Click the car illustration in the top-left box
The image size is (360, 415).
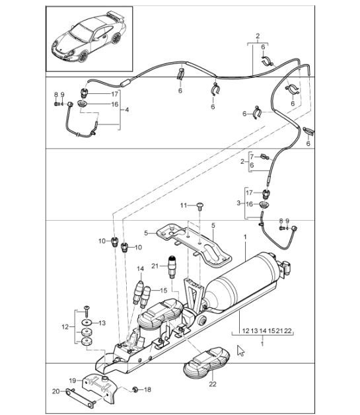90,40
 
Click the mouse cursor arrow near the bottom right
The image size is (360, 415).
241,350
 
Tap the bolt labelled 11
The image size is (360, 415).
198,206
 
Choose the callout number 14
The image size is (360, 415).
139,268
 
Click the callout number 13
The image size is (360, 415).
102,322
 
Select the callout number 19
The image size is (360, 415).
74,380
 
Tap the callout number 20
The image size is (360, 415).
56,393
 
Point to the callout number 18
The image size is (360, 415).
147,390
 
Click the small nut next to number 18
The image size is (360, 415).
135,389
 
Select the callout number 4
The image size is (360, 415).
126,109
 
